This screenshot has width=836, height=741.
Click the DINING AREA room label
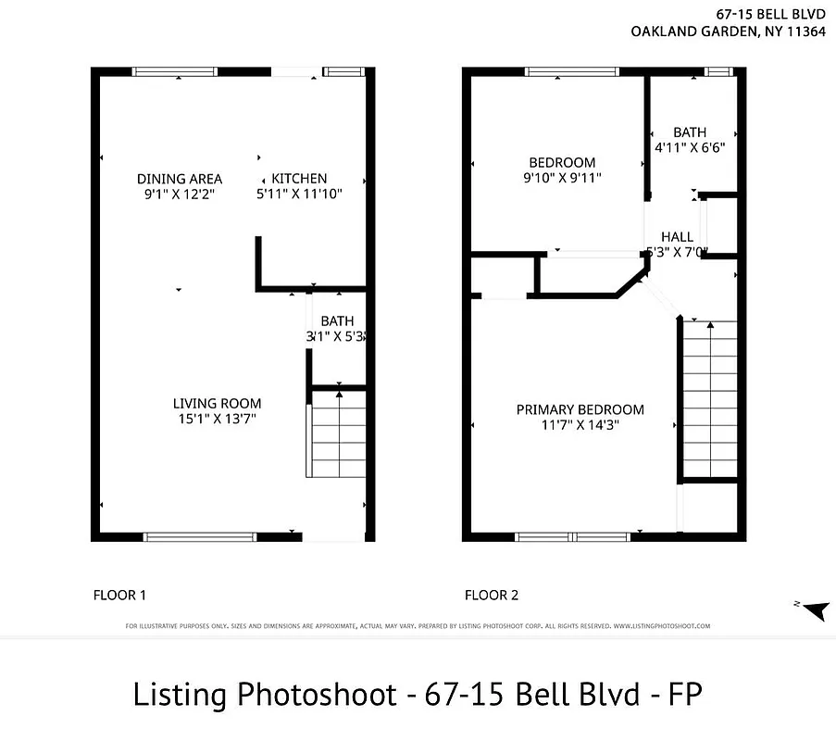pyautogui.click(x=180, y=179)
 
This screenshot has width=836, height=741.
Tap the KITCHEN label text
pyautogui.click(x=299, y=179)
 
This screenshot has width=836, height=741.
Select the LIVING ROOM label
pyautogui.click(x=217, y=403)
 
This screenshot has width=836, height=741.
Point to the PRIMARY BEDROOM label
pyautogui.click(x=580, y=409)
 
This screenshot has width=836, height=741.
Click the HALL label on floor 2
pyautogui.click(x=677, y=237)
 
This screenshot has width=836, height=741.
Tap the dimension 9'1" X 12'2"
pyautogui.click(x=180, y=195)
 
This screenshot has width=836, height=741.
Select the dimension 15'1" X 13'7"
pyautogui.click(x=217, y=419)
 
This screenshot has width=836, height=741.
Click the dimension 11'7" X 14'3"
pyautogui.click(x=580, y=425)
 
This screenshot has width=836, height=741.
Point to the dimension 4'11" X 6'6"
pyautogui.click(x=690, y=146)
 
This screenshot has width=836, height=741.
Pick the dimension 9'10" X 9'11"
pyautogui.click(x=562, y=178)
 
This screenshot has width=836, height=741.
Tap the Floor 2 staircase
pyautogui.click(x=710, y=398)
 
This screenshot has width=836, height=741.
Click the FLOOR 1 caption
pyautogui.click(x=120, y=595)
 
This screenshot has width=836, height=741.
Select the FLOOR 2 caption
pyautogui.click(x=492, y=595)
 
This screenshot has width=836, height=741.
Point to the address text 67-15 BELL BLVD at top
pyautogui.click(x=770, y=14)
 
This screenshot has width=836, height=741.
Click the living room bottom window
pyautogui.click(x=199, y=536)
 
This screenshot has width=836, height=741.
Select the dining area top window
pyautogui.click(x=175, y=71)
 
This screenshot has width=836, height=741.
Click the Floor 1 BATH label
pyautogui.click(x=337, y=321)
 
